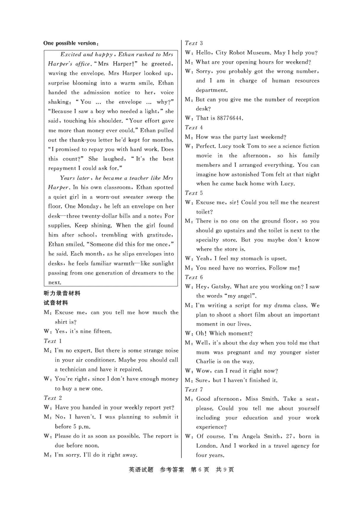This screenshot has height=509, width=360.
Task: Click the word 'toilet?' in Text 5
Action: click(204, 212)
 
